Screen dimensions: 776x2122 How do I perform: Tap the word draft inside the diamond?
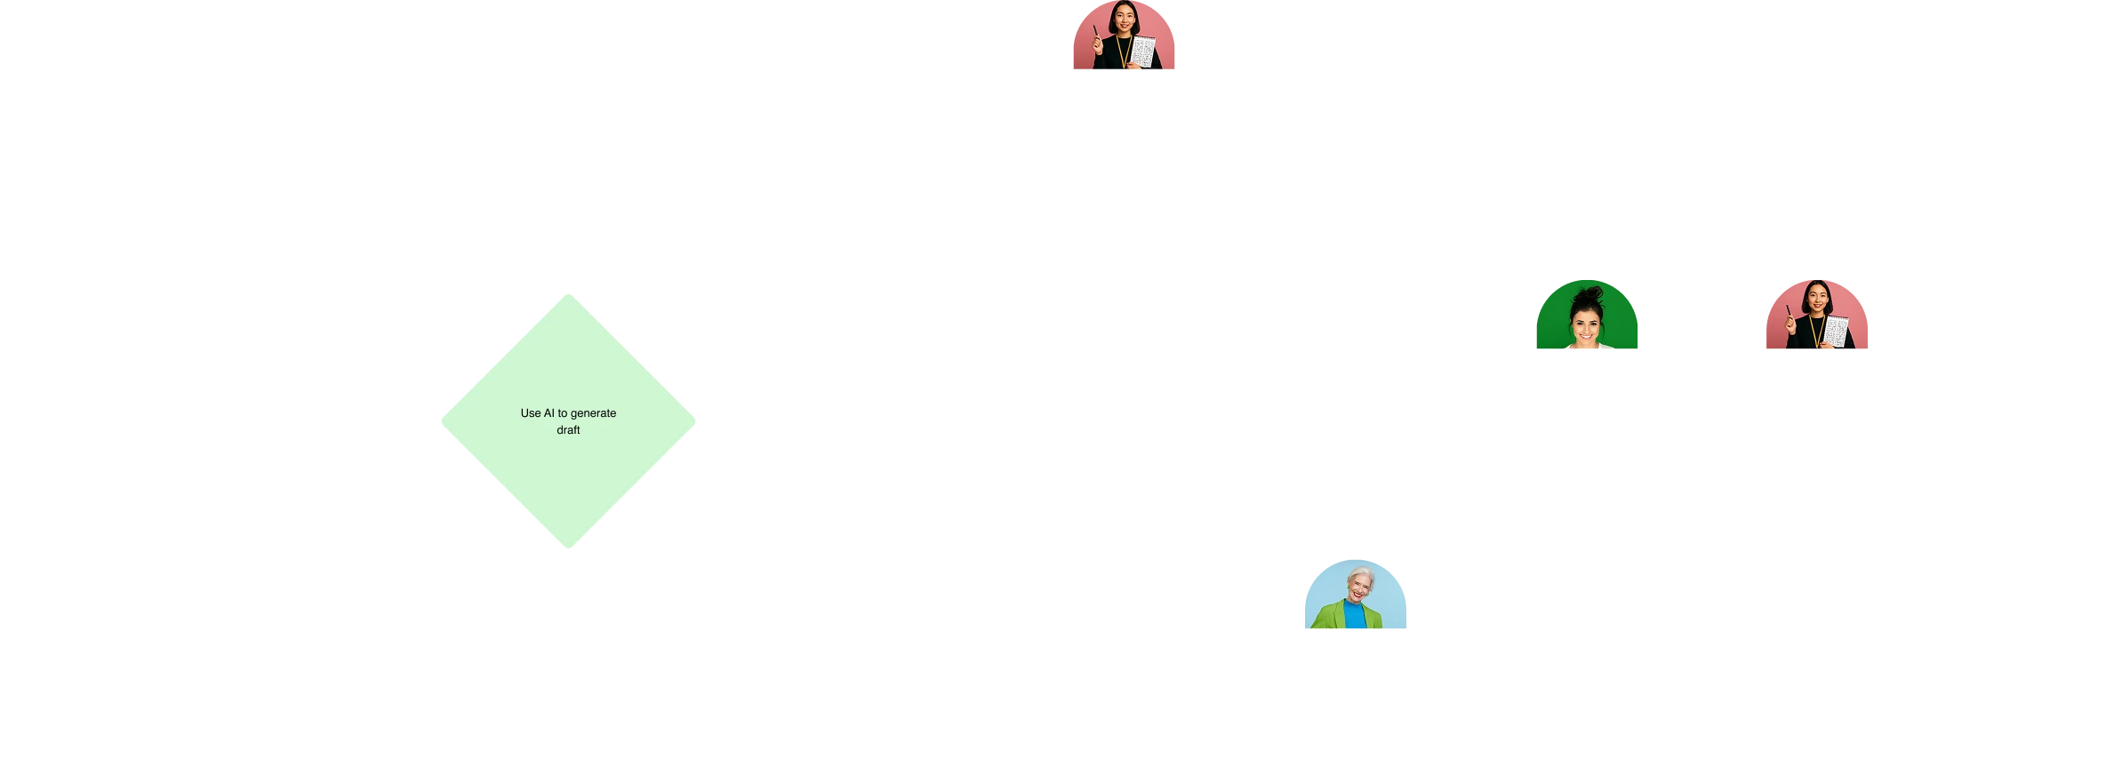[x=568, y=430]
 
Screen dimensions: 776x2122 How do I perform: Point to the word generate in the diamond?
[x=593, y=413]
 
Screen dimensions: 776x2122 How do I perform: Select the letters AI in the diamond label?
[x=549, y=413]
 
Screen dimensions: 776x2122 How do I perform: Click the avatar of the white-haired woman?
[x=1354, y=593]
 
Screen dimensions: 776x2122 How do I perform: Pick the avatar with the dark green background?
[x=1588, y=315]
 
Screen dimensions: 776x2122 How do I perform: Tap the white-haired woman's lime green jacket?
[x=1329, y=615]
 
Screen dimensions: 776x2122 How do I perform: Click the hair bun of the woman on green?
[x=1589, y=293]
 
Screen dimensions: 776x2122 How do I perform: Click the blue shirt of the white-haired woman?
[x=1354, y=616]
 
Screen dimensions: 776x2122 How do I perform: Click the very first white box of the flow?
[x=74, y=422]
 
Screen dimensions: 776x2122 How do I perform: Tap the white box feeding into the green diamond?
[x=305, y=422]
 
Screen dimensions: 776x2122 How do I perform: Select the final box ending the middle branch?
[x=2045, y=422]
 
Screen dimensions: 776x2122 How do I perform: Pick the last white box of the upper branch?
[x=1354, y=141]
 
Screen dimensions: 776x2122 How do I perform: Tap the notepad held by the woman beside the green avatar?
[x=1837, y=332]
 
